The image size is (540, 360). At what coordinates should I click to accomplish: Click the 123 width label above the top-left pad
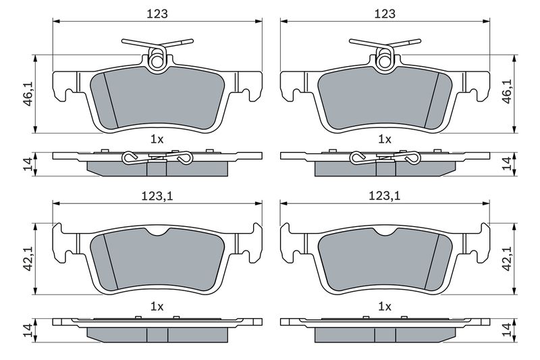(157, 14)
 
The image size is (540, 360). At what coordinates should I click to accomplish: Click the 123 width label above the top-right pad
(385, 14)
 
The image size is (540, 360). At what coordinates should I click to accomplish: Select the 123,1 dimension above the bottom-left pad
(157, 197)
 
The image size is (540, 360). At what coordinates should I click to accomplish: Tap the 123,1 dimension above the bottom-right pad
(385, 197)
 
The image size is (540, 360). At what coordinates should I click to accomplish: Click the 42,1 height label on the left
(28, 259)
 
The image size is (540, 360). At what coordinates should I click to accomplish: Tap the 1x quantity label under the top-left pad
(157, 140)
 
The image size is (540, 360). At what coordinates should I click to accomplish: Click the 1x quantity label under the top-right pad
(385, 140)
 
